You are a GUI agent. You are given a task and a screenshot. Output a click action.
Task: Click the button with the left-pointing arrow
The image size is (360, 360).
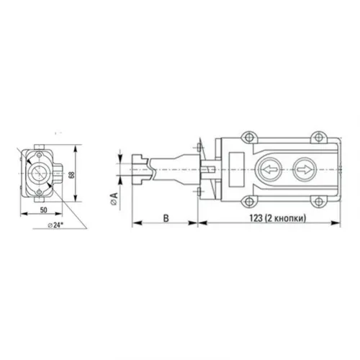pyautogui.click(x=268, y=171)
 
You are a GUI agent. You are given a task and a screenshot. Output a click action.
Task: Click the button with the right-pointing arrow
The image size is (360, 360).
pyautogui.click(x=303, y=171)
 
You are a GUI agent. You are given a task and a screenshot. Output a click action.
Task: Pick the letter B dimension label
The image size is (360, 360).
pyautogui.click(x=165, y=215)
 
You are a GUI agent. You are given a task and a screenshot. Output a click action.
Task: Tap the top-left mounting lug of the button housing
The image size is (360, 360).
pyautogui.click(x=248, y=136)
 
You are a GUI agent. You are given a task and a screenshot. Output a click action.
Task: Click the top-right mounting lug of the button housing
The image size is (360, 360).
pyautogui.click(x=317, y=136)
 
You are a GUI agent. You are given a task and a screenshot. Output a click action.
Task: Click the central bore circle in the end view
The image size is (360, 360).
pyautogui.click(x=37, y=171)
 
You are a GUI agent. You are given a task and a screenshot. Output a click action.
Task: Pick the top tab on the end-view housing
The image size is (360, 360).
pyautogui.click(x=36, y=145)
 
